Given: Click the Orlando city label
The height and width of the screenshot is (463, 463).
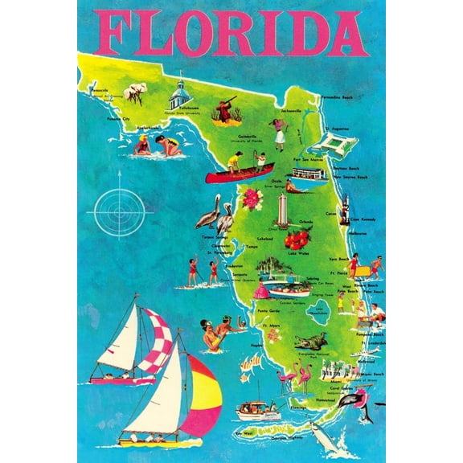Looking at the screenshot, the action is pyautogui.click(x=305, y=221).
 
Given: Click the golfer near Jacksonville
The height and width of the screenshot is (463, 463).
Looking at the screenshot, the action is pyautogui.click(x=279, y=133).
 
